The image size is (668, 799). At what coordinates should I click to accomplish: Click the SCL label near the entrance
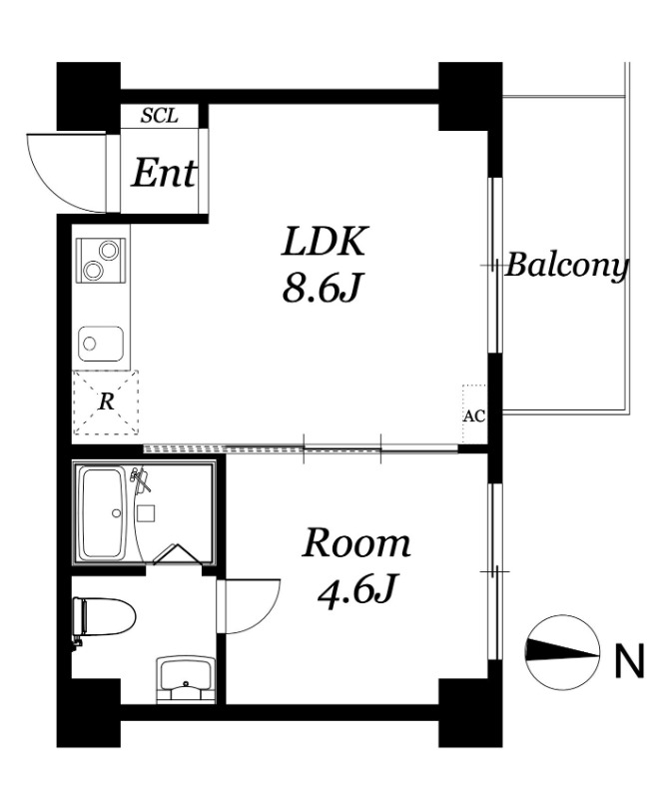(x=160, y=116)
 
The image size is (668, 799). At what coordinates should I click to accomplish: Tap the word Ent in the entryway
(x=164, y=174)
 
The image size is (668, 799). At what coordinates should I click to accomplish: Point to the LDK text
(x=324, y=242)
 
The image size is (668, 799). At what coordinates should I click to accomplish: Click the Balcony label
(x=566, y=266)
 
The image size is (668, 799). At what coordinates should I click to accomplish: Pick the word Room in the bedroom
(x=356, y=543)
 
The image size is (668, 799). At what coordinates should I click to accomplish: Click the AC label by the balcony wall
(x=474, y=415)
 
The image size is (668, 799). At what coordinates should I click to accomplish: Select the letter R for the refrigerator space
(x=106, y=402)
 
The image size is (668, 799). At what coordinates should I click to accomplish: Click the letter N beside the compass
(x=630, y=661)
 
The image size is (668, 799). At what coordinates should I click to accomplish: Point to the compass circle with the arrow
(x=562, y=653)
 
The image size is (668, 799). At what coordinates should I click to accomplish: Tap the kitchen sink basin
(x=101, y=344)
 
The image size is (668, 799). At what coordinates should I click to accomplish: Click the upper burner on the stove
(x=109, y=251)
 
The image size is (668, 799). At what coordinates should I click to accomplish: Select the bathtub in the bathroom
(x=104, y=512)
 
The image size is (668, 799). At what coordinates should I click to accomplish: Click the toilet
(x=104, y=617)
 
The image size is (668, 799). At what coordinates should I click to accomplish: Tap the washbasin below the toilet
(x=185, y=679)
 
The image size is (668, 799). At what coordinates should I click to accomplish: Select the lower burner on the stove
(x=94, y=270)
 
